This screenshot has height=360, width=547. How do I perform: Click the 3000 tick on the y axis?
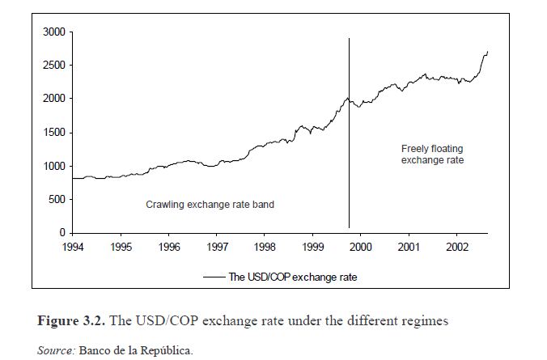pos(55,32)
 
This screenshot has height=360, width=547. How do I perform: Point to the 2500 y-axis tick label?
pos(55,65)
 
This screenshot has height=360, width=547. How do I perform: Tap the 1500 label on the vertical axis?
pos(55,132)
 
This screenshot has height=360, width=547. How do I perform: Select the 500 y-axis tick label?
pos(57,199)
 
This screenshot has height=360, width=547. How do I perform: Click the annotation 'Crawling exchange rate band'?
pos(210,205)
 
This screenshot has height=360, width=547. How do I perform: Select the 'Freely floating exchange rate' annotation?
pos(432,155)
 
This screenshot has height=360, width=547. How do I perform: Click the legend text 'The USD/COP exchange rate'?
pos(292,277)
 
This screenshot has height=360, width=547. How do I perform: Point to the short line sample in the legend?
pos(214,277)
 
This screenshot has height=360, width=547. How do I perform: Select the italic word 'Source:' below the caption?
pos(57,349)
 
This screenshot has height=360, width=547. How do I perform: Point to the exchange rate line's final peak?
pos(487,52)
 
